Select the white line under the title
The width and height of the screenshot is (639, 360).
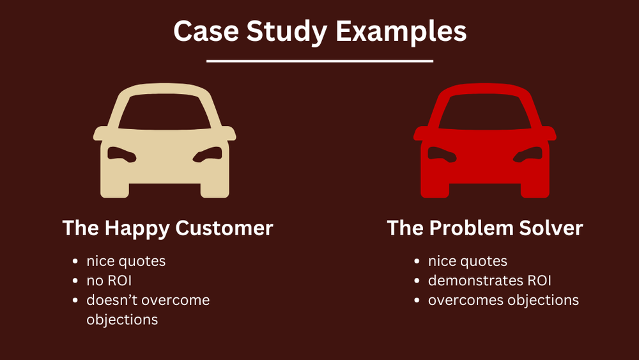(320, 61)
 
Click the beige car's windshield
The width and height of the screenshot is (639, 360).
(165, 115)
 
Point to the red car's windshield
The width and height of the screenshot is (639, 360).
(485, 115)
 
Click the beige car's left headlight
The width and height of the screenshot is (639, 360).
(119, 154)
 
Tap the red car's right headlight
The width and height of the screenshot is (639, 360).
(530, 154)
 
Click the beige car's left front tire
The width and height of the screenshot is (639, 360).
(114, 189)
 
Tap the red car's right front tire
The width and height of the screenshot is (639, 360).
(535, 189)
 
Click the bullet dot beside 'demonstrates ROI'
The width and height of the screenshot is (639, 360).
(417, 281)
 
